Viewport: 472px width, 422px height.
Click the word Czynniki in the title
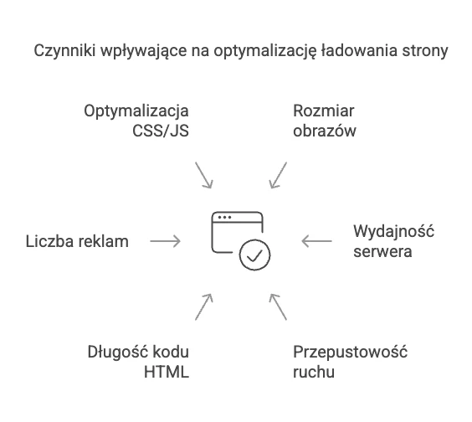(x=64, y=51)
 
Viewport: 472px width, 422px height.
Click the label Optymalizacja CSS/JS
(x=136, y=121)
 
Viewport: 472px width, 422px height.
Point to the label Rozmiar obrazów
(x=325, y=121)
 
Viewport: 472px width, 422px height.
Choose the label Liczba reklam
(x=77, y=241)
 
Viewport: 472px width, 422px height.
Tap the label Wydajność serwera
(x=393, y=241)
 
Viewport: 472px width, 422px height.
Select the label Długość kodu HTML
(x=138, y=362)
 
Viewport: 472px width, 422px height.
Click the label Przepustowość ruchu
(x=350, y=362)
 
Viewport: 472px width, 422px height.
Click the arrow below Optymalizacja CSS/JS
(x=204, y=175)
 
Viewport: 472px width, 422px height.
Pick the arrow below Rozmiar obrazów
(x=278, y=175)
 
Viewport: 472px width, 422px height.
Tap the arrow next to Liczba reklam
(x=165, y=241)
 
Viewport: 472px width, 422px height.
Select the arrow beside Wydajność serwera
(x=316, y=241)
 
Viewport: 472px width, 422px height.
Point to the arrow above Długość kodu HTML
(x=204, y=307)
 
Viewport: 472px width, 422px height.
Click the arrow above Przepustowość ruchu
(x=278, y=307)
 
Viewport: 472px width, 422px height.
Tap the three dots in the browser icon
(x=224, y=217)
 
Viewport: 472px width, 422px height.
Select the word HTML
(x=167, y=372)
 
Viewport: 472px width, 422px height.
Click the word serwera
(x=382, y=252)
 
